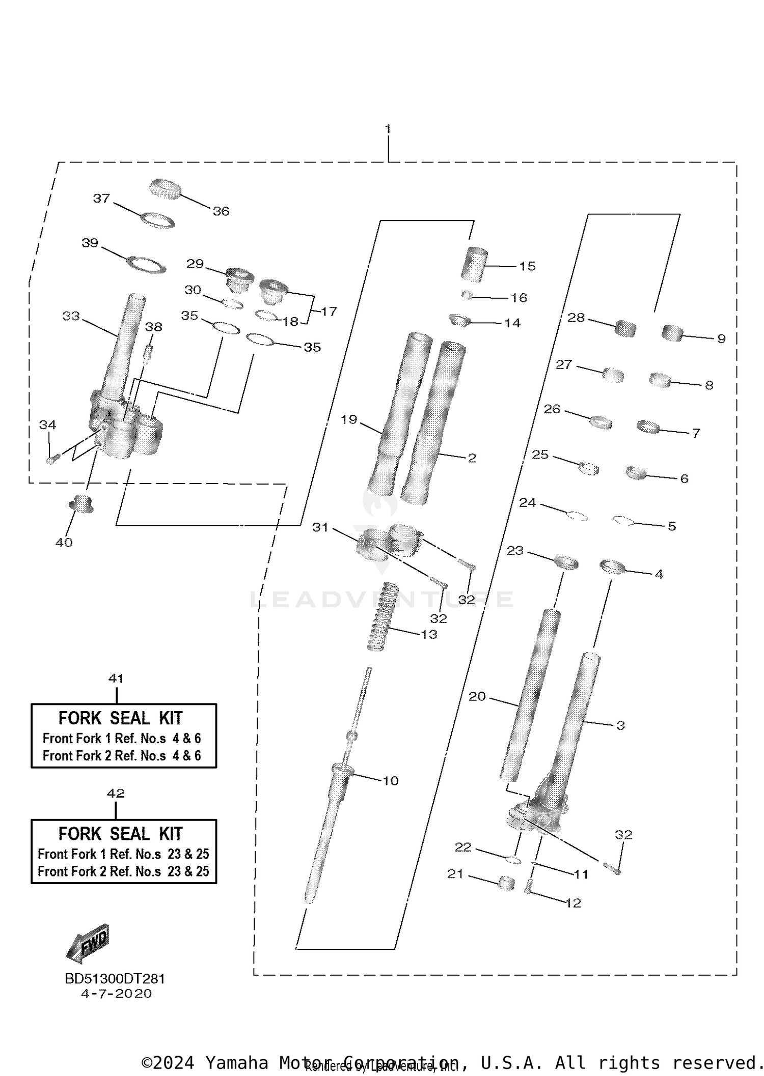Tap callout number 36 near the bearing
221,211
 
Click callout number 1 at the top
388,129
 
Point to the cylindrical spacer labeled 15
475,264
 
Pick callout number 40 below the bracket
64,543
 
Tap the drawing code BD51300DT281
115,978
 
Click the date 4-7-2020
116,993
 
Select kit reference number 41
116,678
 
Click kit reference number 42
116,793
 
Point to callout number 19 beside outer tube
349,419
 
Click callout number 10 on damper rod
390,781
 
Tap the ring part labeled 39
147,265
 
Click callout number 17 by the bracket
329,311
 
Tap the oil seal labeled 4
612,567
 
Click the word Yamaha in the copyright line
236,1063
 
